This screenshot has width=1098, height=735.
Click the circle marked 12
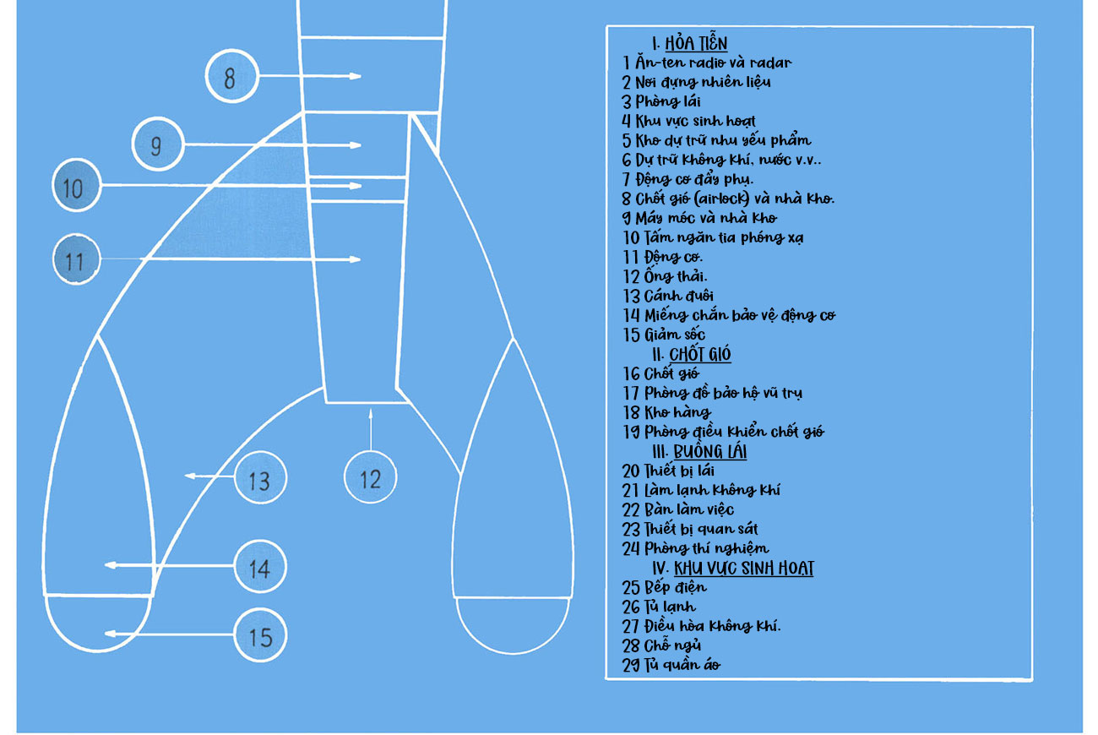pos(370,478)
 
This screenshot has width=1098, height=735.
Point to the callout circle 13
pos(259,479)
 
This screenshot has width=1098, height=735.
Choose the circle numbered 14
pos(259,567)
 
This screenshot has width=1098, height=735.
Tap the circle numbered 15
pos(259,635)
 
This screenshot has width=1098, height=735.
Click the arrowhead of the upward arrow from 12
pos(370,413)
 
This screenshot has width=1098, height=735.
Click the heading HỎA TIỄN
pos(695,44)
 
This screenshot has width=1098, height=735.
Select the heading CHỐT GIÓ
pos(699,354)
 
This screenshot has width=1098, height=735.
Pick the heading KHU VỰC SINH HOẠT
pos(743,568)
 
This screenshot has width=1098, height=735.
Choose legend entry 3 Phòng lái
pos(661,101)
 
